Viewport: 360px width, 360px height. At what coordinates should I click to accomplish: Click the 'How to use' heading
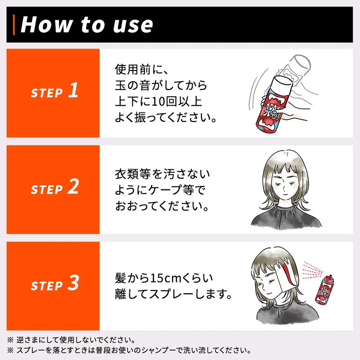coord(86,24)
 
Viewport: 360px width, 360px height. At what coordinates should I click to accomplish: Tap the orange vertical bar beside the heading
coord(14,25)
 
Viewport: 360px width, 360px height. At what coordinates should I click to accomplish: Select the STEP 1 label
coord(54,90)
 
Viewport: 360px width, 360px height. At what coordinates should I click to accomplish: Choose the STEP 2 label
coord(54,187)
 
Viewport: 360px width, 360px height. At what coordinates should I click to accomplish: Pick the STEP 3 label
coord(55,283)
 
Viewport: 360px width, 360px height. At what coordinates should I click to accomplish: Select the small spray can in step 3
coord(324,290)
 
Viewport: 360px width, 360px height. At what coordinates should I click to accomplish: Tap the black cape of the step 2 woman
coord(286,216)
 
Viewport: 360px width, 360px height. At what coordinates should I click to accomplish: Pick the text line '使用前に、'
coord(142,70)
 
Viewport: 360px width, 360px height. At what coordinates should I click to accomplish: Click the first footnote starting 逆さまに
coord(71,340)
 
